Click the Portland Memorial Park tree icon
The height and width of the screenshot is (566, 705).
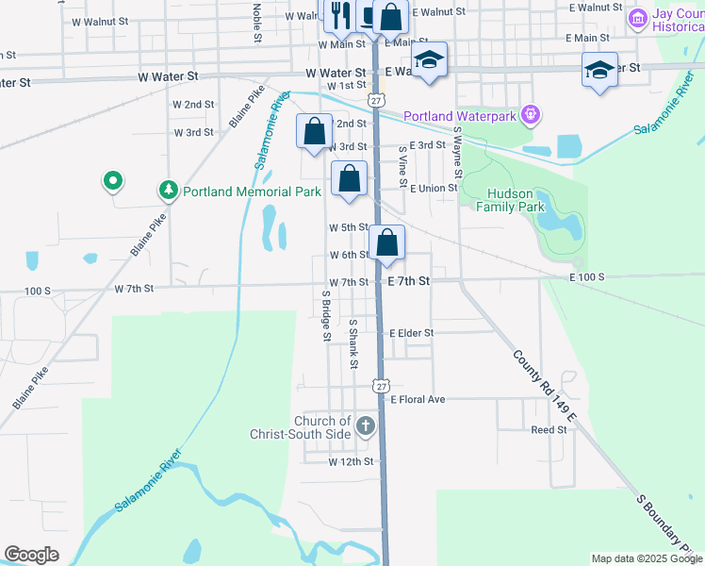click(x=169, y=191)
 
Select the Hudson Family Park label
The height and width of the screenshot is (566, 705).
click(x=516, y=199)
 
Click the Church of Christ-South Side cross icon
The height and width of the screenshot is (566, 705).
click(x=366, y=427)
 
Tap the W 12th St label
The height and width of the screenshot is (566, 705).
click(x=352, y=462)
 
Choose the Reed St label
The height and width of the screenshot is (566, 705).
click(x=549, y=429)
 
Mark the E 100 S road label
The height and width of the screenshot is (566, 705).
click(x=585, y=277)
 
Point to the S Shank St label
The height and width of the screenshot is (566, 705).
click(x=353, y=343)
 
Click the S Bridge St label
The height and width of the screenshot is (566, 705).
click(x=325, y=315)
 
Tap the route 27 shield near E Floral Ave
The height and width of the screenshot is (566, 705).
click(x=380, y=386)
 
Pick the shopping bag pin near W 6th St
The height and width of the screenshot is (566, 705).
click(x=386, y=244)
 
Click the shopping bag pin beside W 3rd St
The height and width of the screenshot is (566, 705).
click(x=315, y=131)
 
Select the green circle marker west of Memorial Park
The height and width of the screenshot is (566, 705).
click(x=112, y=179)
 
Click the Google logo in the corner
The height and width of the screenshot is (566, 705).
click(x=31, y=555)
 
